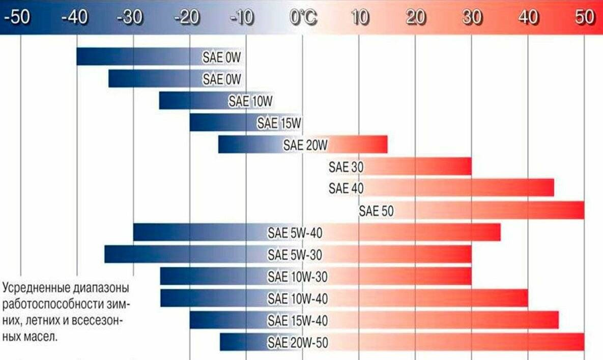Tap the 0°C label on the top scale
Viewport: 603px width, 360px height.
coord(303,18)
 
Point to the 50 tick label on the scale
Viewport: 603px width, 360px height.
coord(585,18)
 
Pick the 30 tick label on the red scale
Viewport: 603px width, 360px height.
coord(472,18)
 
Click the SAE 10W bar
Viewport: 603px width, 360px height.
coord(216,101)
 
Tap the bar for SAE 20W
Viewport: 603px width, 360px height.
coord(303,144)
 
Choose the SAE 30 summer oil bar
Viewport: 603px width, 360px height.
coord(400,166)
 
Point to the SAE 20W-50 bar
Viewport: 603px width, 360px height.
coord(402,342)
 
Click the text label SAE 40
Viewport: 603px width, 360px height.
coord(346,188)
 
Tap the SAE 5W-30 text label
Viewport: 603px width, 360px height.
coord(295,254)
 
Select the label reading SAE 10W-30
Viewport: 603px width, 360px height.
coord(298,277)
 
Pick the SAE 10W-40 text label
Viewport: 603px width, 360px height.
coord(298,298)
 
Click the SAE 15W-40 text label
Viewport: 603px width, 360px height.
coord(298,320)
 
